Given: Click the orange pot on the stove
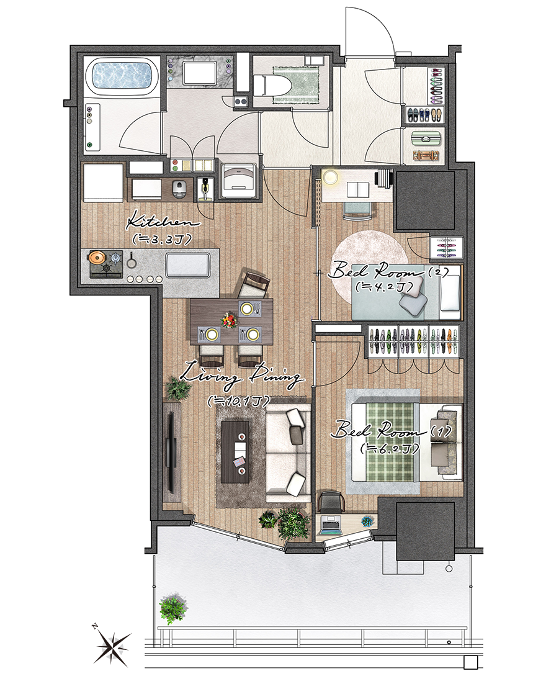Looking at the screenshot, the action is pyautogui.click(x=97, y=258).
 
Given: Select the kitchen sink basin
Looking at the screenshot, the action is pyautogui.click(x=188, y=264).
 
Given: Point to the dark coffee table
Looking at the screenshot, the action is pyautogui.click(x=235, y=452).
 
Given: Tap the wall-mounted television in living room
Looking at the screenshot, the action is pyautogui.click(x=171, y=453).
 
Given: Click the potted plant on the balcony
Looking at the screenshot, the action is pyautogui.click(x=173, y=609).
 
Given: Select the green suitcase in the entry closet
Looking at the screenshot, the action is pyautogui.click(x=427, y=139).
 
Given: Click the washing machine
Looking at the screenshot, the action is pyautogui.click(x=238, y=180).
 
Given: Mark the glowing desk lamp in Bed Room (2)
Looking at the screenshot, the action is pyautogui.click(x=331, y=177).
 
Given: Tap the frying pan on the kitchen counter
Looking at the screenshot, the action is pyautogui.click(x=131, y=260).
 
